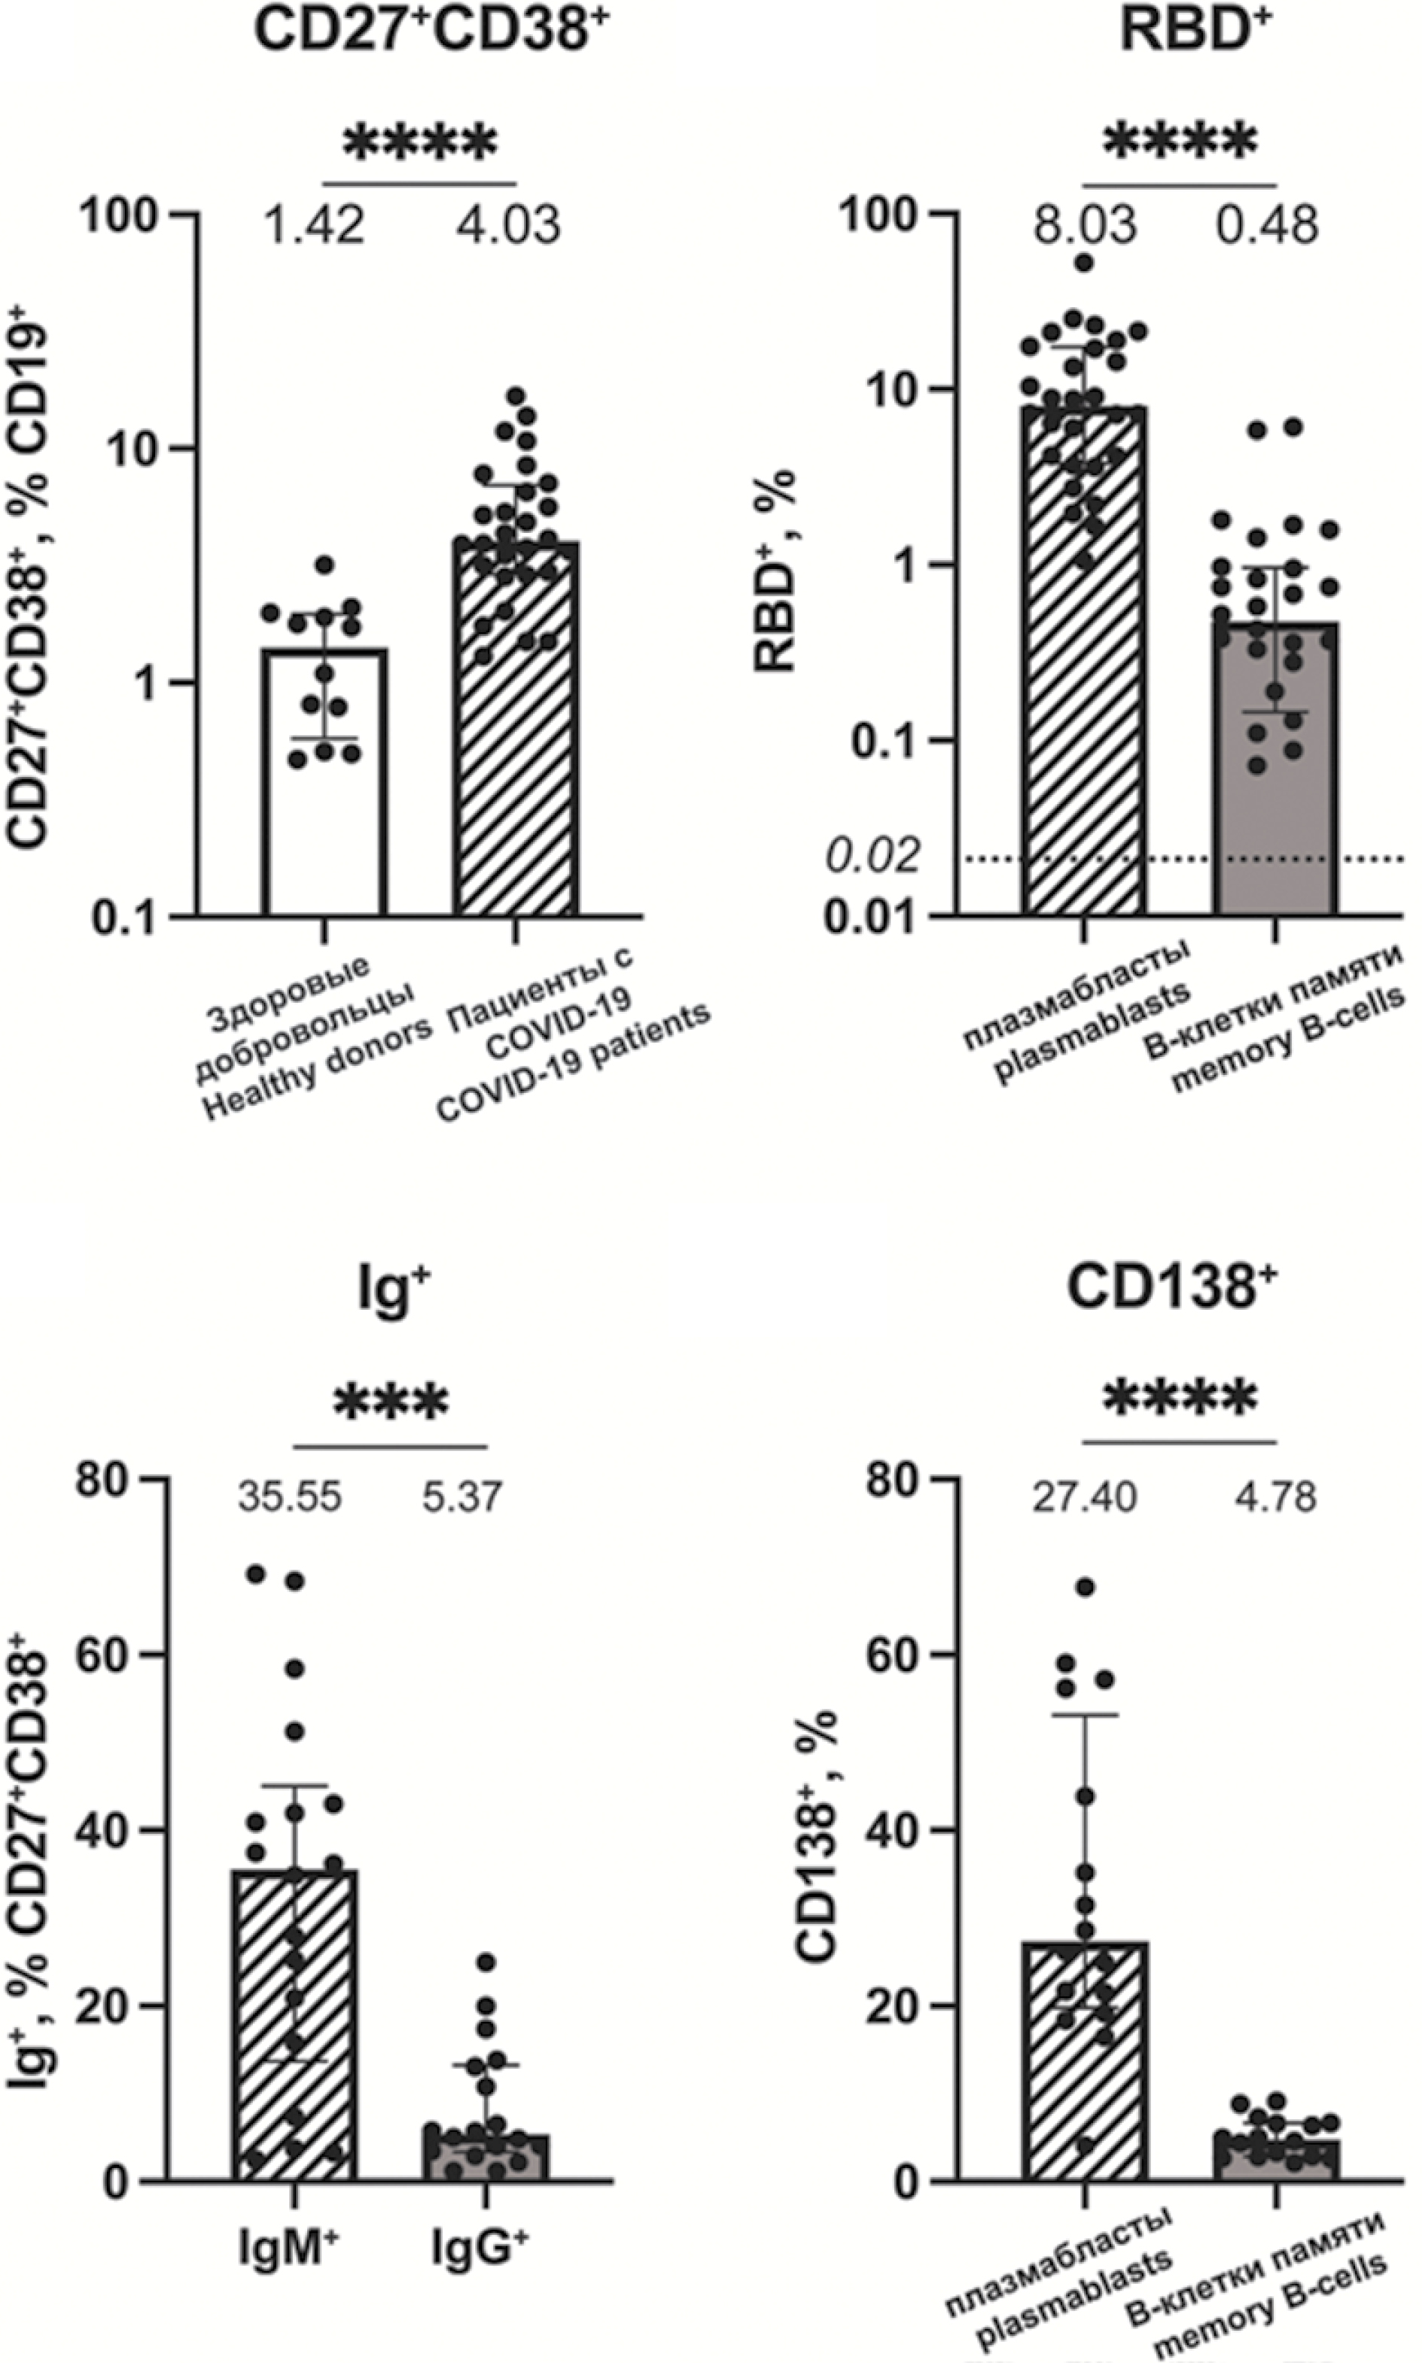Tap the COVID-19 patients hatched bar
tap(516, 728)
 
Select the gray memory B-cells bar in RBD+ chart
tap(1274, 766)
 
